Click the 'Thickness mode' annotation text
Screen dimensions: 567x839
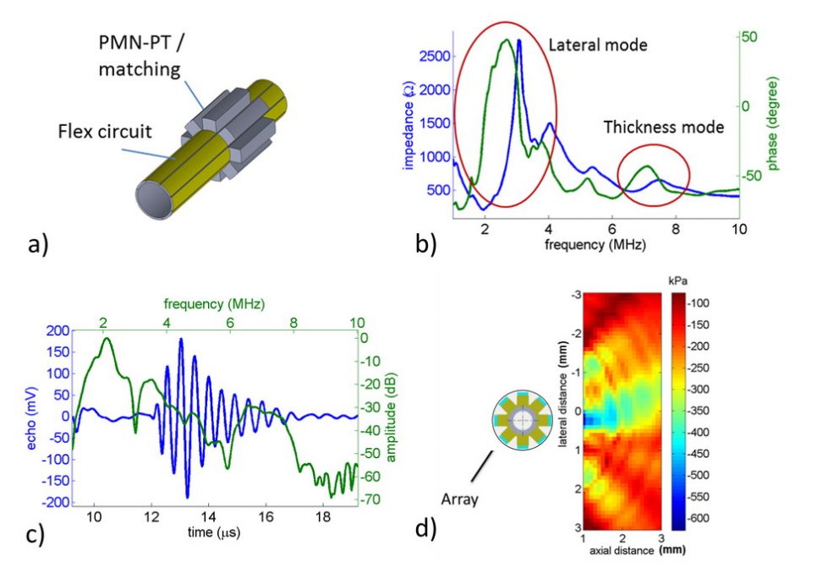pos(663,128)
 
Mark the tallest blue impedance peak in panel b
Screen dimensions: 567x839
pos(518,41)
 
